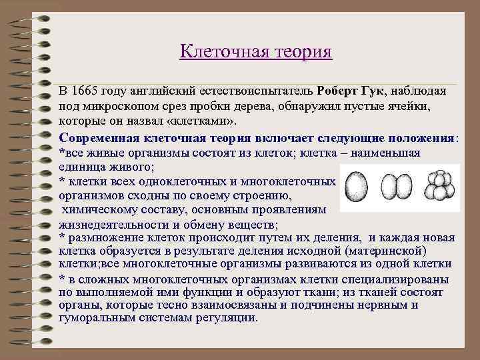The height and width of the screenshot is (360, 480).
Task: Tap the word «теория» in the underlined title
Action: pyautogui.click(x=301, y=51)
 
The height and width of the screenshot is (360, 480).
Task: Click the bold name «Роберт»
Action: pyautogui.click(x=341, y=91)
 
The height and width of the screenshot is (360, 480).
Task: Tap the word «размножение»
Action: pyautogui.click(x=103, y=238)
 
